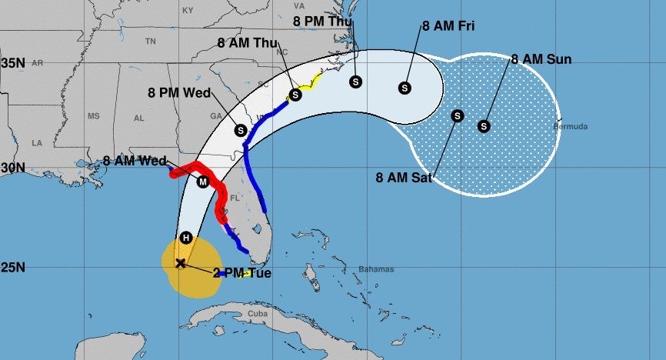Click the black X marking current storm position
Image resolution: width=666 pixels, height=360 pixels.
tap(181, 263)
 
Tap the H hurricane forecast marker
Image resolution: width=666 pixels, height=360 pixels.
tap(185, 238)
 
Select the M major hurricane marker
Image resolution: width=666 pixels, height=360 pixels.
tap(203, 182)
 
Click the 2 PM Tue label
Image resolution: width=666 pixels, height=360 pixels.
tap(241, 272)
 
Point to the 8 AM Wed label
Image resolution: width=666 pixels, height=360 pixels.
tap(135, 162)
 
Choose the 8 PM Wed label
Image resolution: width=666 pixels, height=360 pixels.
tap(179, 93)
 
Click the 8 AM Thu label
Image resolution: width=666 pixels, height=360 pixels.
tap(248, 43)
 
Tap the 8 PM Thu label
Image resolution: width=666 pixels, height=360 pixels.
tap(322, 21)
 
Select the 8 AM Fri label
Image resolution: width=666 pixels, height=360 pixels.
tap(448, 26)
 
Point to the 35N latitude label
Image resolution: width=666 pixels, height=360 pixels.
tap(13, 63)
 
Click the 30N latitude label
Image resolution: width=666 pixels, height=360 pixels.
tap(13, 168)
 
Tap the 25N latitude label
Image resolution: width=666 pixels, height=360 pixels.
tap(13, 268)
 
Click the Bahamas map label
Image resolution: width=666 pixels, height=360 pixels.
tap(376, 269)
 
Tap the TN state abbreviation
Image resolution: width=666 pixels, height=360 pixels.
tap(151, 42)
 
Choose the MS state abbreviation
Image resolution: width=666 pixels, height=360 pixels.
tap(94, 116)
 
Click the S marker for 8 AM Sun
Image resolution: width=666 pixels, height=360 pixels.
tap(484, 126)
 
